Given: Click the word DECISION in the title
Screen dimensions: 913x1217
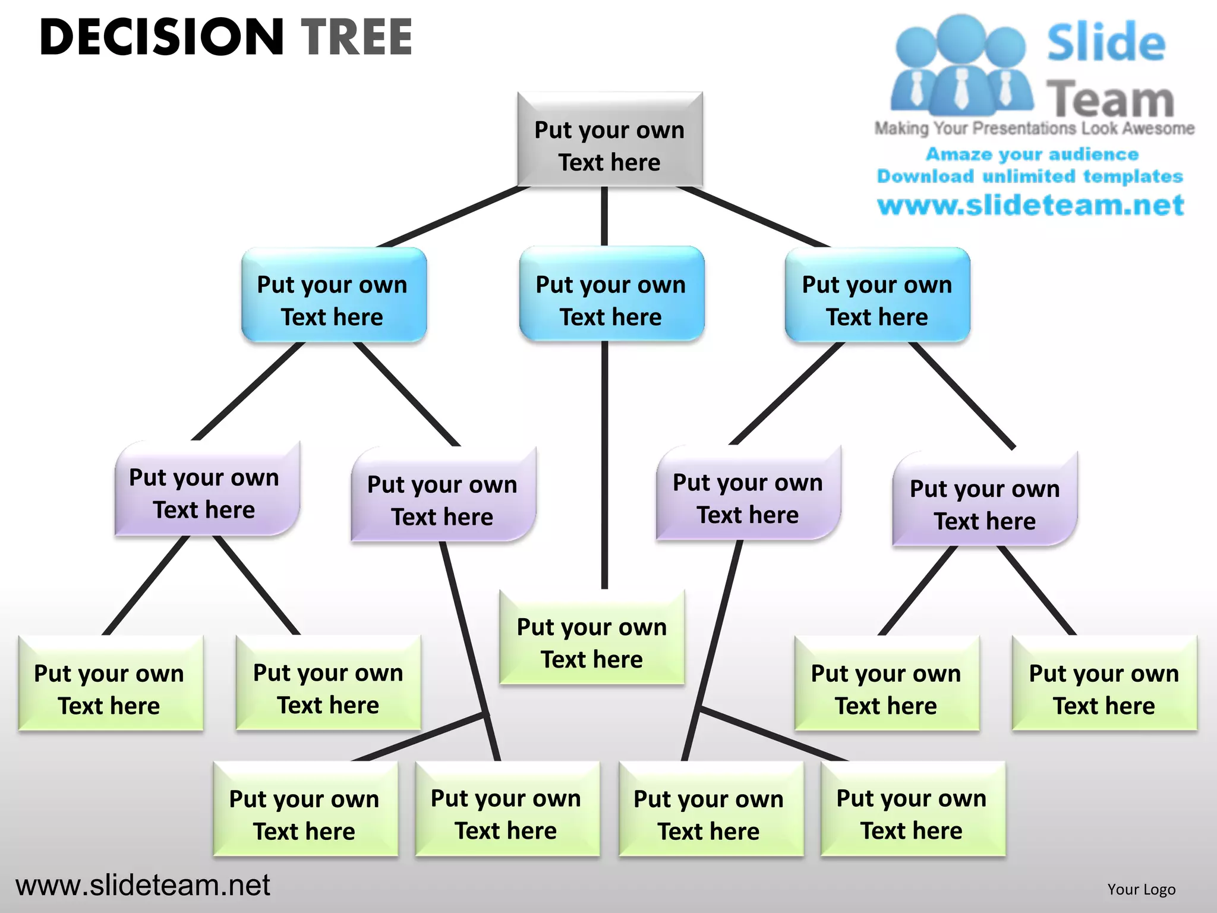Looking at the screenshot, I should point(162,37).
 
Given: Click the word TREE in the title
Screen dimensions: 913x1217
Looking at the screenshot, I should point(357,37).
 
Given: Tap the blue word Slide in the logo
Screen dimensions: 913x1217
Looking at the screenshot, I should point(1105,43).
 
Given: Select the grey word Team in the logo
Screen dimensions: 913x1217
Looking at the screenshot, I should point(1110,99).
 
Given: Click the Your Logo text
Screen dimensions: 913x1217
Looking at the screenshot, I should point(1141,889).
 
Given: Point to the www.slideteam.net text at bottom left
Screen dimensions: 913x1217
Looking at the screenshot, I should point(143,885).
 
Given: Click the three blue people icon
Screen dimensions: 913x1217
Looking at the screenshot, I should point(960,65).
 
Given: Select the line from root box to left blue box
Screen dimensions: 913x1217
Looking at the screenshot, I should point(453,216).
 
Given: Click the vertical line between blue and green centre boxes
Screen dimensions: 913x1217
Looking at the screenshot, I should point(604,464).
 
